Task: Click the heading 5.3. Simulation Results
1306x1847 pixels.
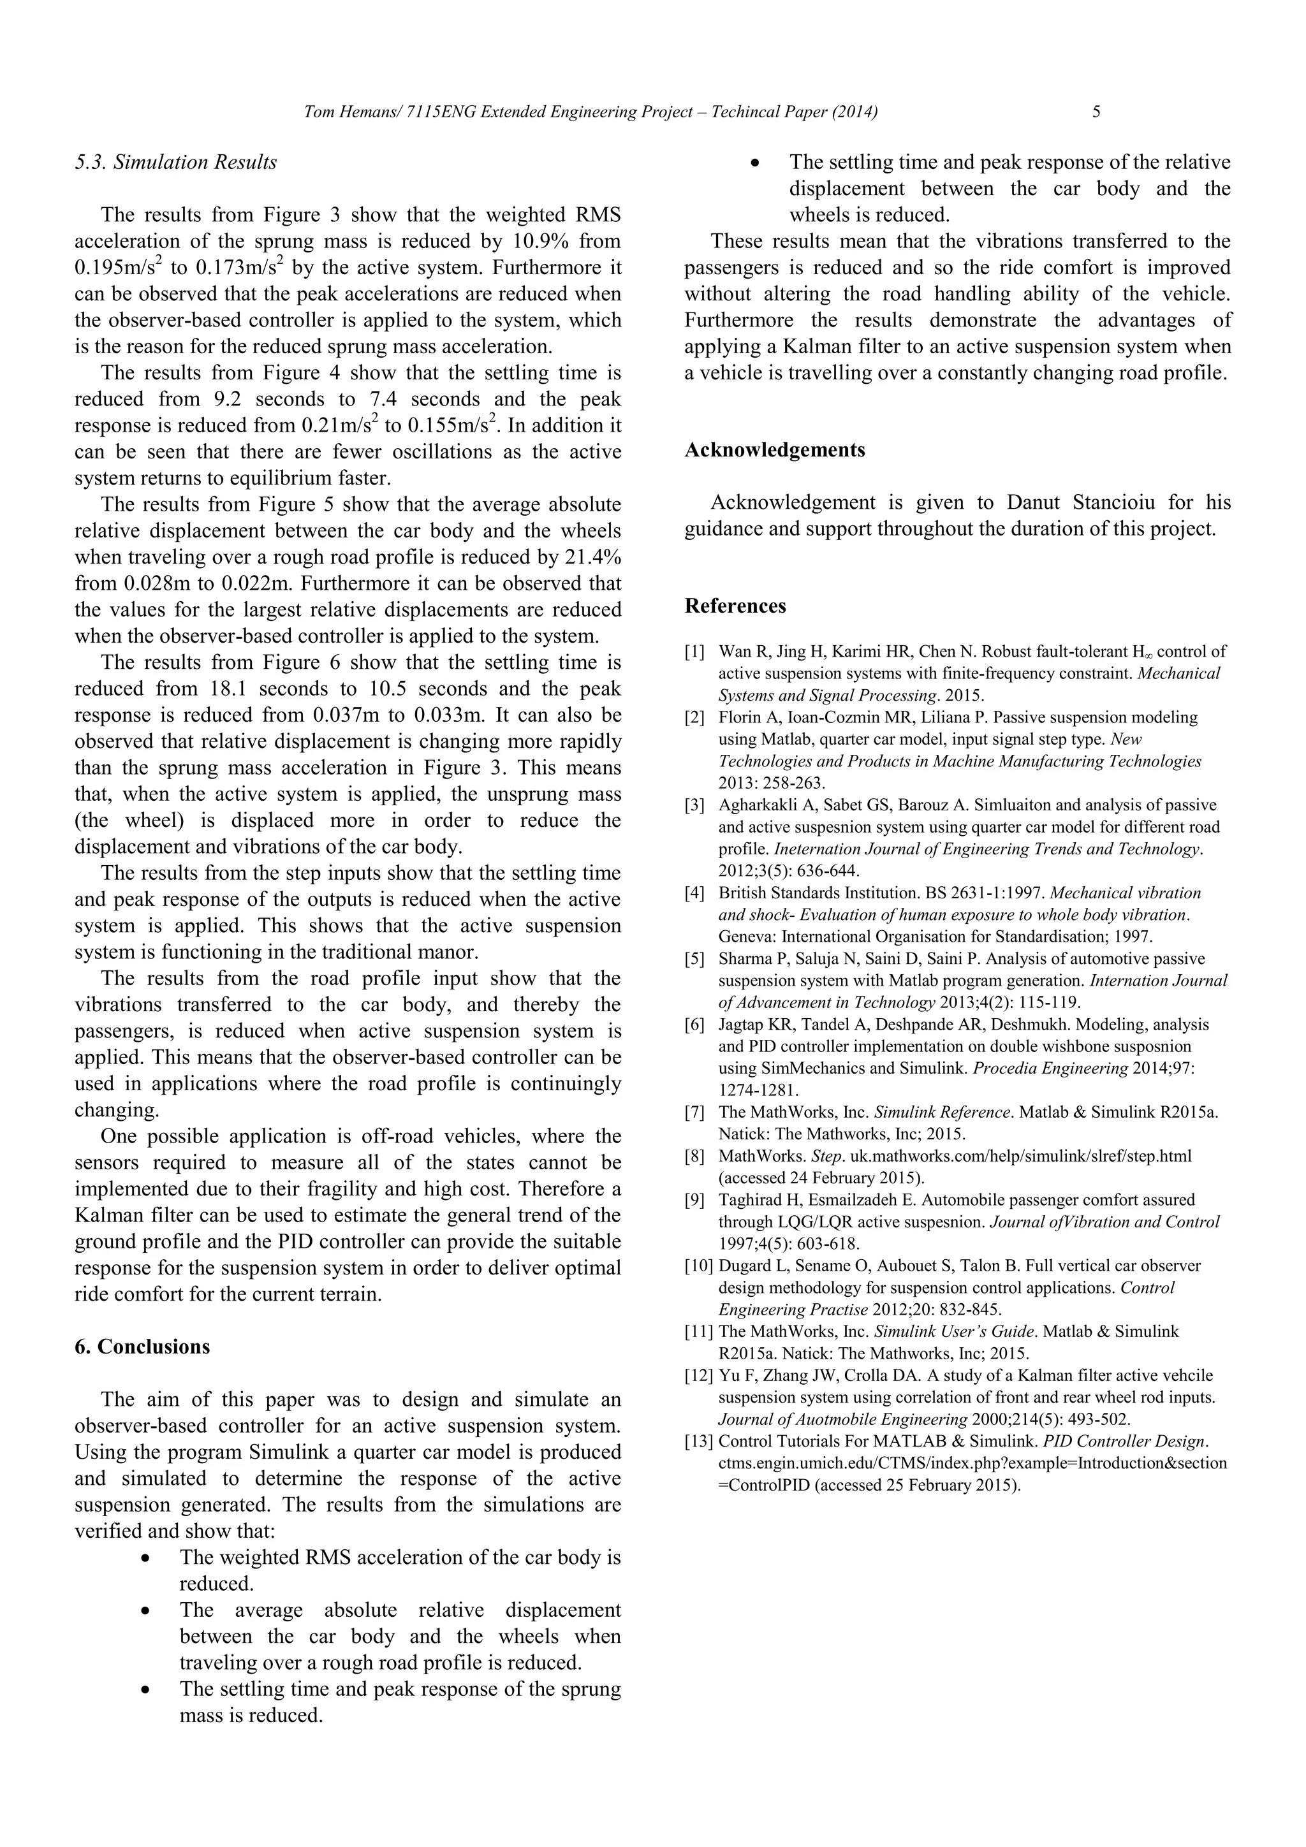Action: point(175,163)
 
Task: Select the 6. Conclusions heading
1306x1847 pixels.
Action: point(142,1347)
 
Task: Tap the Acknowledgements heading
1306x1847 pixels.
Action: point(775,449)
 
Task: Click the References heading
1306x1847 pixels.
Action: point(735,606)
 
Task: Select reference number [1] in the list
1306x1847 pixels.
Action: point(695,652)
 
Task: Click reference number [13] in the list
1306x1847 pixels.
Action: point(698,1441)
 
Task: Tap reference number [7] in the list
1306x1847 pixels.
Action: point(695,1113)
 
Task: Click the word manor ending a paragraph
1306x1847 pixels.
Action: point(455,953)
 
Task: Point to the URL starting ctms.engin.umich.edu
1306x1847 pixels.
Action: point(972,1463)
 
